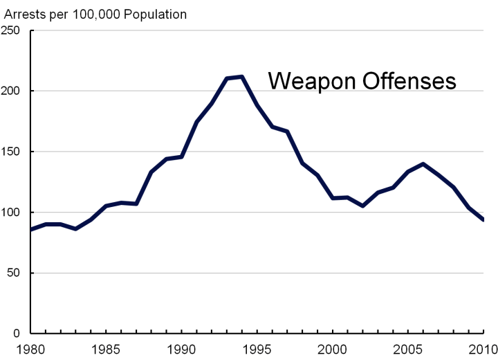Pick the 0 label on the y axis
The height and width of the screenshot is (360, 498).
click(x=20, y=334)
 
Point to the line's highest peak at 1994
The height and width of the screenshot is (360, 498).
click(x=242, y=76)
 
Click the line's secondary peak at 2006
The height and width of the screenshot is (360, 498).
click(x=423, y=164)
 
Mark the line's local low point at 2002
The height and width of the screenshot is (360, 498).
click(x=362, y=206)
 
